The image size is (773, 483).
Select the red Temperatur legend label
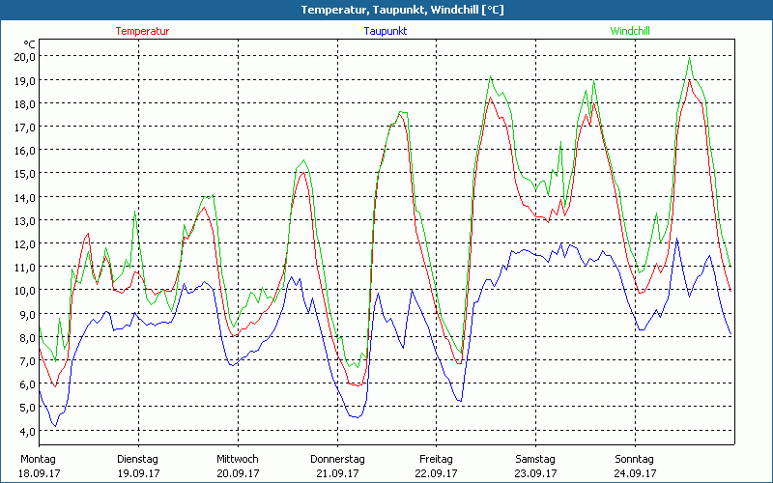(x=142, y=31)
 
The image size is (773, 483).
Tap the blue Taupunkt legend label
(x=386, y=31)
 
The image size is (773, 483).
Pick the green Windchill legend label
(x=630, y=31)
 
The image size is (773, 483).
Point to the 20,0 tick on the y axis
(x=24, y=56)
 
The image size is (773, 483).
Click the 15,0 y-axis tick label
(x=24, y=173)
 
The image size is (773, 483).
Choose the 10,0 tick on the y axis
(x=24, y=290)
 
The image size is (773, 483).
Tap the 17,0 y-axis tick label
(x=24, y=127)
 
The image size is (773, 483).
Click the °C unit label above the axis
(x=30, y=44)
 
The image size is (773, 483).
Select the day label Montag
(x=39, y=458)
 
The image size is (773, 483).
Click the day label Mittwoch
(x=238, y=458)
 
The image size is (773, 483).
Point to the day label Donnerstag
(x=337, y=458)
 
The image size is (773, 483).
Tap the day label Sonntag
(x=635, y=458)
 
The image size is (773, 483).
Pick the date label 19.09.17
(x=138, y=473)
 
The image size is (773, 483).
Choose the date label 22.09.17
(x=436, y=473)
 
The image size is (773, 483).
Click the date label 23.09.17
(x=535, y=473)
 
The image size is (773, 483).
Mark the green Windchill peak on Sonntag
(x=689, y=57)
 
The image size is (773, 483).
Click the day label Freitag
(x=436, y=458)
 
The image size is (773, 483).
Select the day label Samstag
(x=535, y=458)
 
